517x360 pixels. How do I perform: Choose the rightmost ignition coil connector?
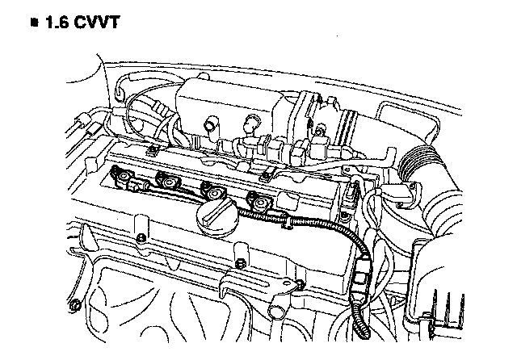pyautogui.click(x=258, y=203)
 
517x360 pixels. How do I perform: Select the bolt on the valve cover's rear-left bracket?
pyautogui.click(x=151, y=151)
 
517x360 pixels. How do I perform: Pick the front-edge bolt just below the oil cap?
pyautogui.click(x=240, y=262)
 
